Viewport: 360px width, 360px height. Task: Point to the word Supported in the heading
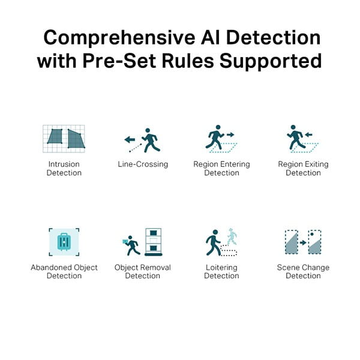(271, 62)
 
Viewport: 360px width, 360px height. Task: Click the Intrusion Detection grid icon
(64, 139)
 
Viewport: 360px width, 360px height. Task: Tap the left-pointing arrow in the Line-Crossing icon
(130, 139)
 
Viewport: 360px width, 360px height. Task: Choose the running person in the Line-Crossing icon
(151, 140)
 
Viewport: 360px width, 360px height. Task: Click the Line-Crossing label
(143, 164)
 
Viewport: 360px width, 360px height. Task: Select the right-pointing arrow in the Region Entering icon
(230, 134)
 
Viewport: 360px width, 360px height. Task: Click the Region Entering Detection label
(221, 168)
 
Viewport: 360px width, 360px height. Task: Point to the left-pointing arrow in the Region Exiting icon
(309, 134)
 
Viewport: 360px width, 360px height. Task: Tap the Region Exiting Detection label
(303, 168)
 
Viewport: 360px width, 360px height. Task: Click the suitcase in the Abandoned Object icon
(64, 242)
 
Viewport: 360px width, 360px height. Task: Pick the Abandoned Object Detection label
(64, 271)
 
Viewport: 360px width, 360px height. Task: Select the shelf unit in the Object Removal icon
(154, 242)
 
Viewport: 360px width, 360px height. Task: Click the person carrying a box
(131, 245)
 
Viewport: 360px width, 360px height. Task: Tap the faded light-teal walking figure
(232, 237)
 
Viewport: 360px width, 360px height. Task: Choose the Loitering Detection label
(221, 271)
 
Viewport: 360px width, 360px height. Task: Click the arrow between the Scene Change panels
(303, 242)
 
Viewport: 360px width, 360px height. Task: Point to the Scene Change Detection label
(303, 271)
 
